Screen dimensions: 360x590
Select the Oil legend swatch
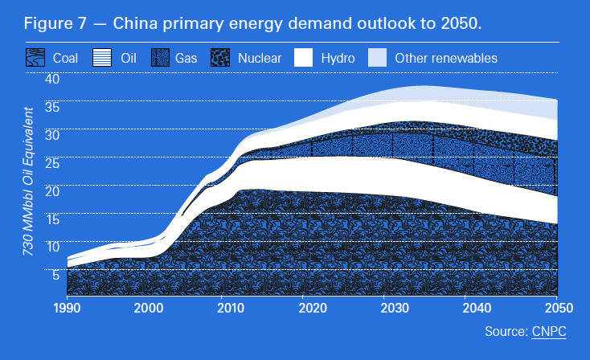pyautogui.click(x=102, y=58)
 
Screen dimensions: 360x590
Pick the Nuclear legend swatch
pyautogui.click(x=220, y=58)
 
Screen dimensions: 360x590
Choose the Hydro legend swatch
pyautogui.click(x=303, y=58)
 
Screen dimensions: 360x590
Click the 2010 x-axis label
pyautogui.click(x=231, y=308)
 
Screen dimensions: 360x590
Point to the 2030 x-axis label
pyautogui.click(x=394, y=308)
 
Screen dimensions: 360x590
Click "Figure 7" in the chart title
pyautogui.click(x=53, y=22)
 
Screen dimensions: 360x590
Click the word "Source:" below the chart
pyautogui.click(x=506, y=331)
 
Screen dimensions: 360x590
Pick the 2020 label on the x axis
pyautogui.click(x=313, y=308)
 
